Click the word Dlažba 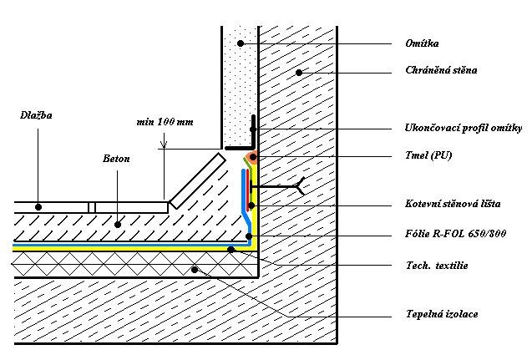[36, 115]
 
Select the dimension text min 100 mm [165, 122]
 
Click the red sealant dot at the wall [251, 157]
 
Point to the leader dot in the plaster [241, 43]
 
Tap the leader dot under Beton [118, 224]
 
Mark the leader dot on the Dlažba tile [38, 205]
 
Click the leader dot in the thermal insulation [195, 269]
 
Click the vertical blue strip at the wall [244, 188]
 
